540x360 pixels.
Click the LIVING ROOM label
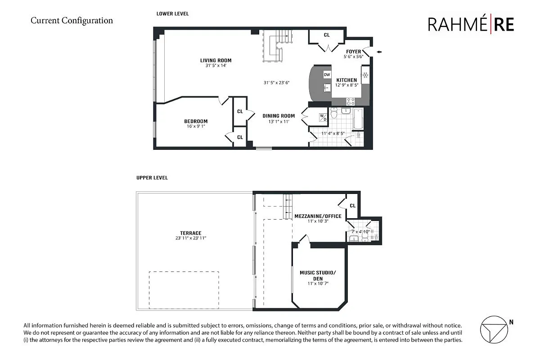coord(216,60)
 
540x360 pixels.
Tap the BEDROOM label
coord(196,121)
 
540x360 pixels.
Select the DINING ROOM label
coord(279,116)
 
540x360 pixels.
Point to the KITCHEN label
coord(346,80)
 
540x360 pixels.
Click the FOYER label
coord(353,51)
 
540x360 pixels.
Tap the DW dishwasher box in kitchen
coord(327,75)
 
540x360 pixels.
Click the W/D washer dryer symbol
coord(323,117)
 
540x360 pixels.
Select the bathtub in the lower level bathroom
coord(358,118)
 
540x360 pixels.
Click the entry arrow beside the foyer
coord(379,52)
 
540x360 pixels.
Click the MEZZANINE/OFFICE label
coord(318,216)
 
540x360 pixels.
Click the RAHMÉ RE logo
coord(471,25)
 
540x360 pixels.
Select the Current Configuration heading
coord(72,20)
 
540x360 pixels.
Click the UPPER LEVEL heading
coord(152,178)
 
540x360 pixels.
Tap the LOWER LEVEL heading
coord(172,14)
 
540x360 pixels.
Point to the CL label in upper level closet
coord(352,206)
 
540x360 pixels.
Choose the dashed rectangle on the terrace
coord(184,289)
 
